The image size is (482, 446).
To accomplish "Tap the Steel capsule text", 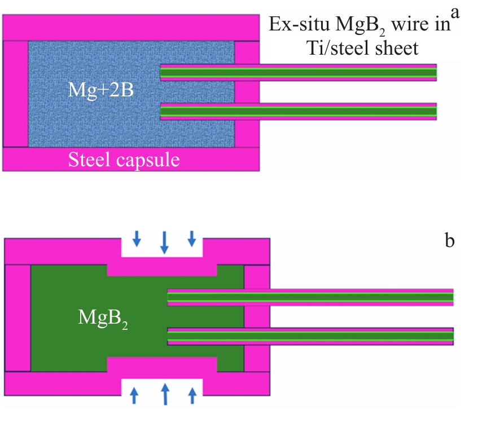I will pyautogui.click(x=124, y=160).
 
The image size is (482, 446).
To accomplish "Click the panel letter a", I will pyautogui.click(x=454, y=12).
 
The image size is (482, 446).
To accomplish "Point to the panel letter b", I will pyautogui.click(x=449, y=241).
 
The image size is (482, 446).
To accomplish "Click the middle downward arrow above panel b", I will pyautogui.click(x=164, y=241).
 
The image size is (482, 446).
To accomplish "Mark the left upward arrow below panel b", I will pyautogui.click(x=134, y=395).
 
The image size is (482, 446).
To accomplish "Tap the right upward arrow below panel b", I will pyautogui.click(x=192, y=395).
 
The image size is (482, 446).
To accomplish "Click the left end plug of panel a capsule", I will pyautogui.click(x=16, y=94).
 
